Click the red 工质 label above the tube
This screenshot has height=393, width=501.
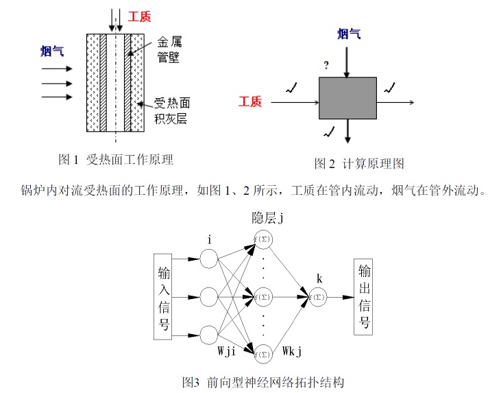140,16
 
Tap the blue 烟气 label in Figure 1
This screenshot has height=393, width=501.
52,50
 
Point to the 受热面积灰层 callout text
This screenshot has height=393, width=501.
171,111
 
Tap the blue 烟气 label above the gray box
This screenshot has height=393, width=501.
349,33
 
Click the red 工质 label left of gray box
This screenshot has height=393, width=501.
250,102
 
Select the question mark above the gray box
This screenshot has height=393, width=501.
326,66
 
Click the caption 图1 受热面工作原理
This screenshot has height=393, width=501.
116,160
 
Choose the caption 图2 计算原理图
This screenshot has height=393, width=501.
359,163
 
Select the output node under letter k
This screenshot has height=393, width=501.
317,297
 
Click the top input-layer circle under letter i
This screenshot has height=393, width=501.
209,259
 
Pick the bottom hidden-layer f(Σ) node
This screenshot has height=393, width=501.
264,355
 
